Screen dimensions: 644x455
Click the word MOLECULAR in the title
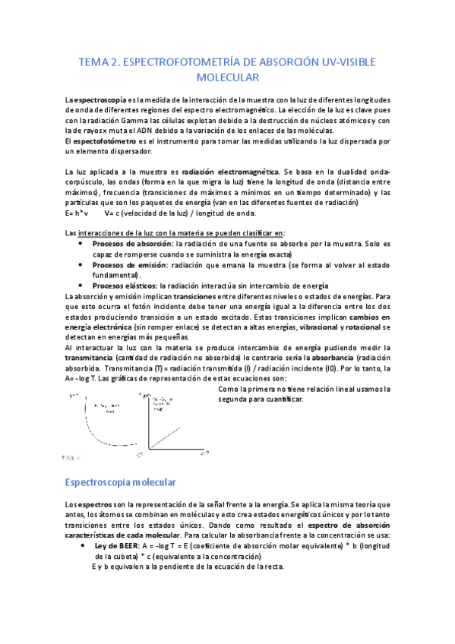228,77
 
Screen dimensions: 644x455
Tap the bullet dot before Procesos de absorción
81,244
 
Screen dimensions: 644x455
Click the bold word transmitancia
90,357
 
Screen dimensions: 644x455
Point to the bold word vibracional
324,327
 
